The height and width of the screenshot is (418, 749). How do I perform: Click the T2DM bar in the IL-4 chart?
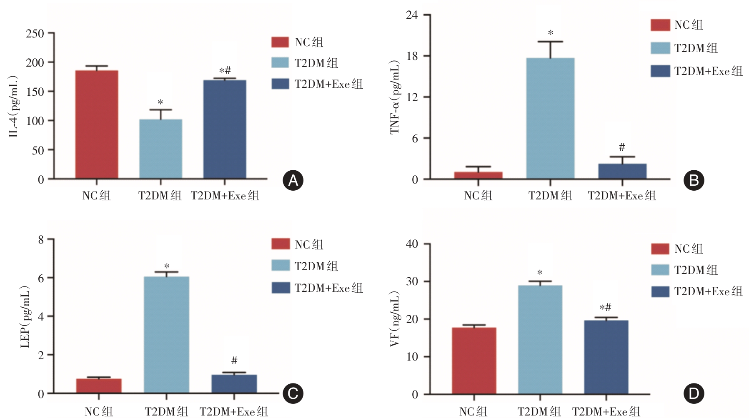click(160, 149)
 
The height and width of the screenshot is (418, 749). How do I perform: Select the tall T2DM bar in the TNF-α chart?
click(550, 118)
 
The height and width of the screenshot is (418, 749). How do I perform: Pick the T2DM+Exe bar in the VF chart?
click(606, 357)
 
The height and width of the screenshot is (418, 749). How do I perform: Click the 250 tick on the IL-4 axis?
click(35, 33)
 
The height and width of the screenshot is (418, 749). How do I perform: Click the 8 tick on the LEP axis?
click(41, 239)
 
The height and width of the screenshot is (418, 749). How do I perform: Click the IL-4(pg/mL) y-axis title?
click(14, 107)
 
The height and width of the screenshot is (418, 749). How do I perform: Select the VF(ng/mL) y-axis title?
click(394, 319)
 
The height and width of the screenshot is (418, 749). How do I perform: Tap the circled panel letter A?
click(293, 180)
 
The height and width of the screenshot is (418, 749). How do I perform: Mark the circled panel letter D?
click(694, 393)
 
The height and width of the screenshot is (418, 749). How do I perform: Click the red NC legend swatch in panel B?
click(660, 25)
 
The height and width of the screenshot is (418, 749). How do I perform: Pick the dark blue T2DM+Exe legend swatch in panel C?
click(281, 288)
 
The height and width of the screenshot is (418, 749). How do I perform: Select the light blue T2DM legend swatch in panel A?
click(280, 63)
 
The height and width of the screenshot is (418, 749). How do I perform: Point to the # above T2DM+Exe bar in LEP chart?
click(234, 361)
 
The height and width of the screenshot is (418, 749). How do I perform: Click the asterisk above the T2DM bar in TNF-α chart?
click(551, 33)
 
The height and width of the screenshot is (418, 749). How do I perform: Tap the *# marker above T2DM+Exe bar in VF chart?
click(605, 308)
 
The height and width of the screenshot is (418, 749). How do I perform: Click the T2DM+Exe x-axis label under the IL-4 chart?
click(225, 196)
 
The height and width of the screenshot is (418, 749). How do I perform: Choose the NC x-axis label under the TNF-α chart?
click(478, 196)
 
